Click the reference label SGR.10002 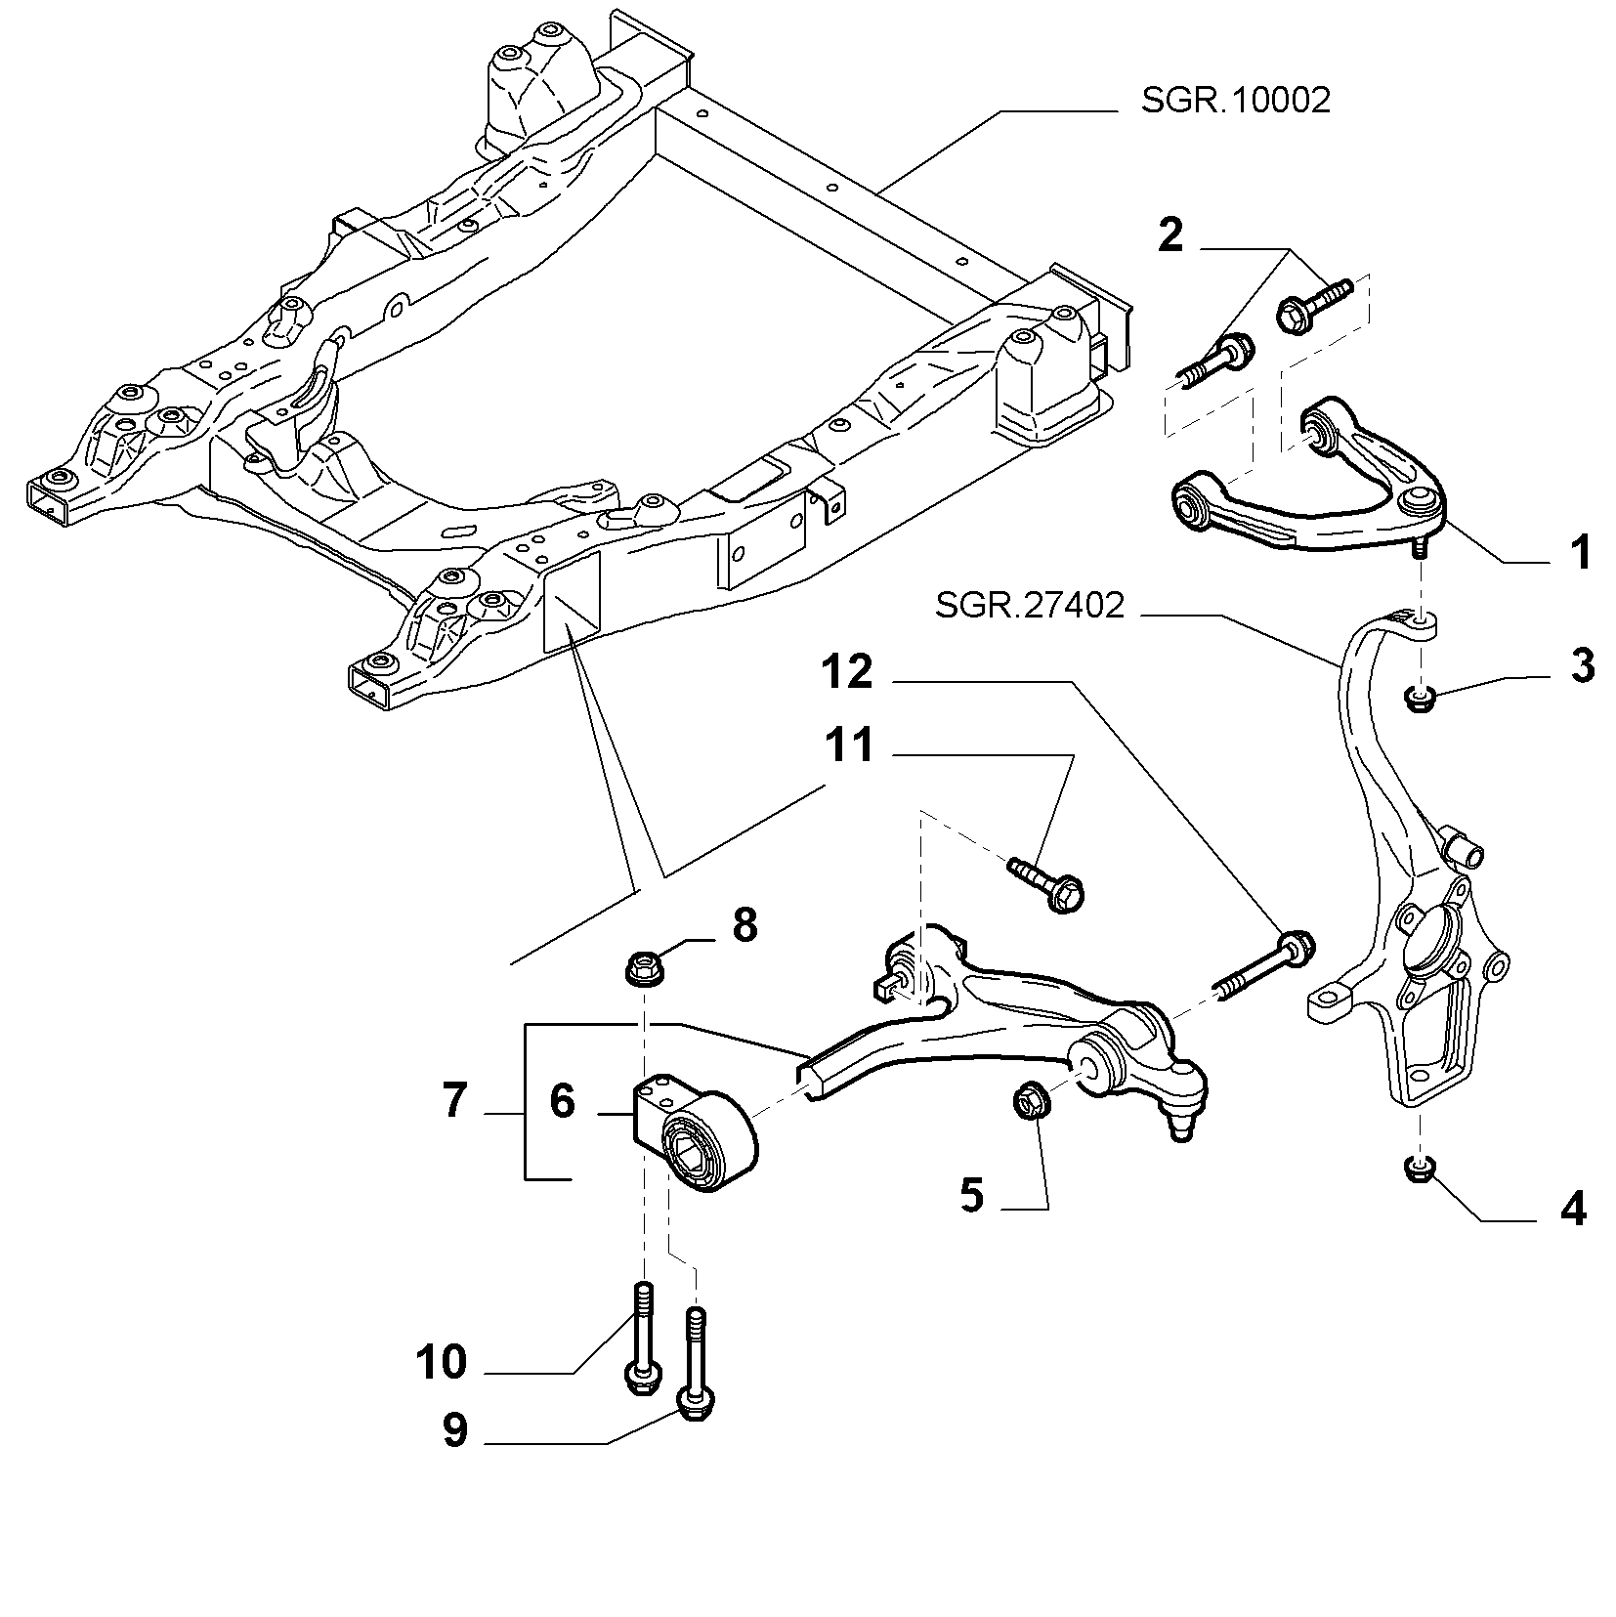point(1235,101)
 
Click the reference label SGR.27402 point(1030,606)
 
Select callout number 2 point(1170,235)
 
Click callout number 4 point(1573,1211)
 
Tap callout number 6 point(562,1101)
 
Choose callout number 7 point(454,1101)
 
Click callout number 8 point(744,924)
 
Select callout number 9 point(454,1431)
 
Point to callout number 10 point(441,1361)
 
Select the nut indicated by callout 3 point(1417,698)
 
